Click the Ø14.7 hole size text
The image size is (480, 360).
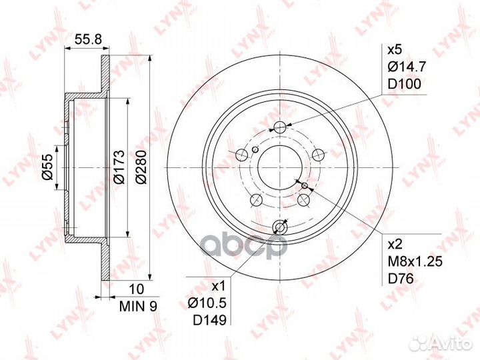point(404,65)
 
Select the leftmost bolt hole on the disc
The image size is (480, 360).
point(241,155)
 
